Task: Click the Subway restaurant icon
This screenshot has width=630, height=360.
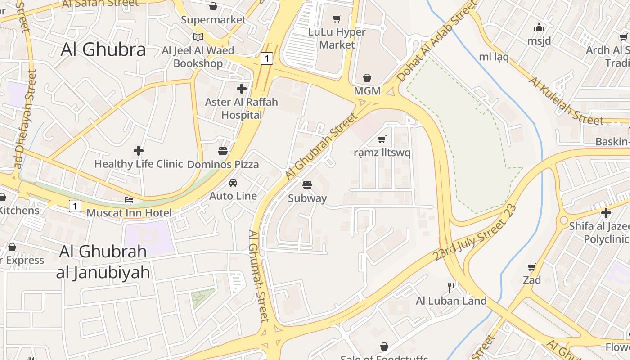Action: tap(307, 184)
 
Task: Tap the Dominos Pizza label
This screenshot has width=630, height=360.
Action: tap(223, 164)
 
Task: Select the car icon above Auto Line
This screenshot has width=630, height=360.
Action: tap(233, 182)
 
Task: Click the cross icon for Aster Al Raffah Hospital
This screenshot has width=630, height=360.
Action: tap(242, 88)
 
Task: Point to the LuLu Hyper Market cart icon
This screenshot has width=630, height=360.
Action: tap(337, 18)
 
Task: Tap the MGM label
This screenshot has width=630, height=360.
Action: tap(367, 91)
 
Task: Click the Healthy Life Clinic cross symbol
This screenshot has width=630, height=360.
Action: tap(139, 150)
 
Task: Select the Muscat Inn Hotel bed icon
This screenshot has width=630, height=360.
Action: tap(129, 199)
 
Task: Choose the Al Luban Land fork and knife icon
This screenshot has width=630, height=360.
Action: tap(451, 287)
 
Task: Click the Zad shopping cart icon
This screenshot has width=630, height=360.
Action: tap(532, 267)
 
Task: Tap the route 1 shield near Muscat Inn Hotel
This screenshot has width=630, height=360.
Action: tap(75, 206)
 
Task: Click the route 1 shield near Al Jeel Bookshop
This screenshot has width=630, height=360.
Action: tap(267, 58)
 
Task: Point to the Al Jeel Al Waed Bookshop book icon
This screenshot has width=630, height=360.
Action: tap(198, 37)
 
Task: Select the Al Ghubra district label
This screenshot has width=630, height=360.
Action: tap(103, 49)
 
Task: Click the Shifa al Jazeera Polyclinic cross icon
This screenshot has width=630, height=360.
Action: tap(606, 212)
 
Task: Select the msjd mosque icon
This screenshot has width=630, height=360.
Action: tap(539, 28)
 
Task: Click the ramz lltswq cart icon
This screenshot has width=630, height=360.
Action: tap(382, 139)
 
